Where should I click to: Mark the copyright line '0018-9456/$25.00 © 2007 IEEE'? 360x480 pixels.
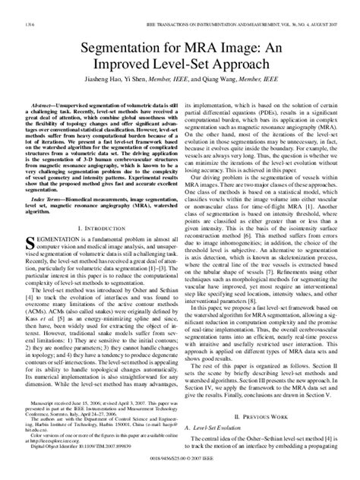pos(179,469)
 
